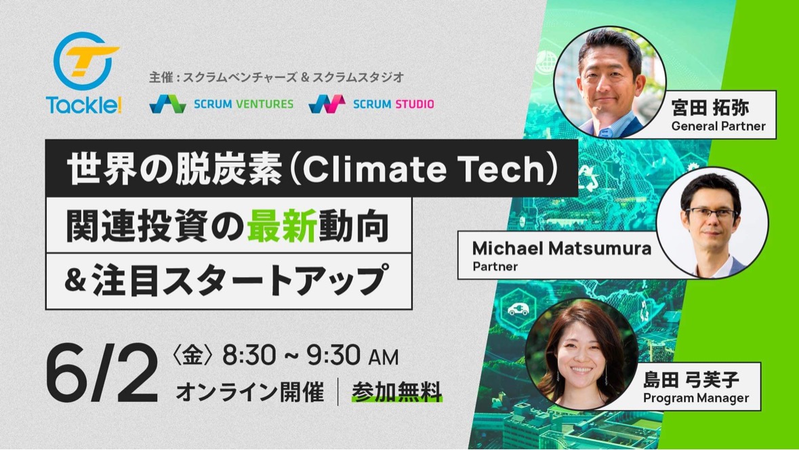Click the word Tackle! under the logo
(x=84, y=104)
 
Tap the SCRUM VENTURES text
(x=243, y=104)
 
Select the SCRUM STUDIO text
(x=393, y=104)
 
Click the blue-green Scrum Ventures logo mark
(x=167, y=104)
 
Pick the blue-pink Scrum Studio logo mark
(x=327, y=104)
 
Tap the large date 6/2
(x=102, y=373)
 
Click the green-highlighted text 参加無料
(x=396, y=392)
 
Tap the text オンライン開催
(x=249, y=392)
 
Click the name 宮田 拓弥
(x=710, y=108)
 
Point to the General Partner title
(x=718, y=126)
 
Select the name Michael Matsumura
(x=562, y=248)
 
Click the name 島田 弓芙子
(x=691, y=380)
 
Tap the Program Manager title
(x=695, y=398)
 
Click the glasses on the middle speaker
(x=712, y=213)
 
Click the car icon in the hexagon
(x=518, y=309)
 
